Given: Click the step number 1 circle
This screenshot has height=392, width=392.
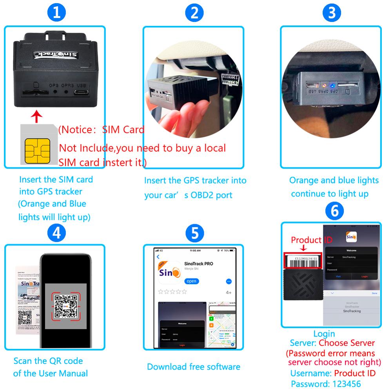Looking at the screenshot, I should click(57, 13).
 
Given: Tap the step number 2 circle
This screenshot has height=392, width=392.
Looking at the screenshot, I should click(194, 13).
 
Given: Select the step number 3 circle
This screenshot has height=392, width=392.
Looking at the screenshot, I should click(332, 13).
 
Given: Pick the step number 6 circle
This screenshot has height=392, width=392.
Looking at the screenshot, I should click(334, 211).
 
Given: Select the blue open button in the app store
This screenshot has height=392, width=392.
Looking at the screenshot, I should click(192, 281).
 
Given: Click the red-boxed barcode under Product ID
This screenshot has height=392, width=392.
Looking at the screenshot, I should click(303, 260).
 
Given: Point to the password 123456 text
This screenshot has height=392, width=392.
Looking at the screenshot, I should click(325, 384).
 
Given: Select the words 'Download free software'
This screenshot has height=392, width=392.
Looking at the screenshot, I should click(194, 367).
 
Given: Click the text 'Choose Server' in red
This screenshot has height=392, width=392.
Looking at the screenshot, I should click(347, 343).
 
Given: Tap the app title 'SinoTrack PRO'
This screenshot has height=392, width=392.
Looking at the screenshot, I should click(198, 263).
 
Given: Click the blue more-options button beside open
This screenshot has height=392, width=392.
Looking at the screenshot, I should click(229, 281).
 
